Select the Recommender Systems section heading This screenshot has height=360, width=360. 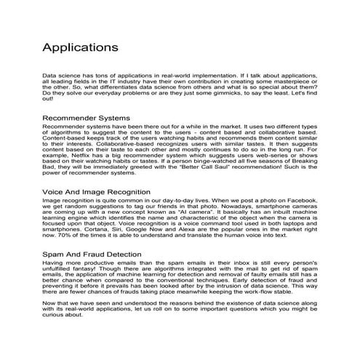[x=86, y=117]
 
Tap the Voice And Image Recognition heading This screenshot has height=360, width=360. [x=97, y=191]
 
